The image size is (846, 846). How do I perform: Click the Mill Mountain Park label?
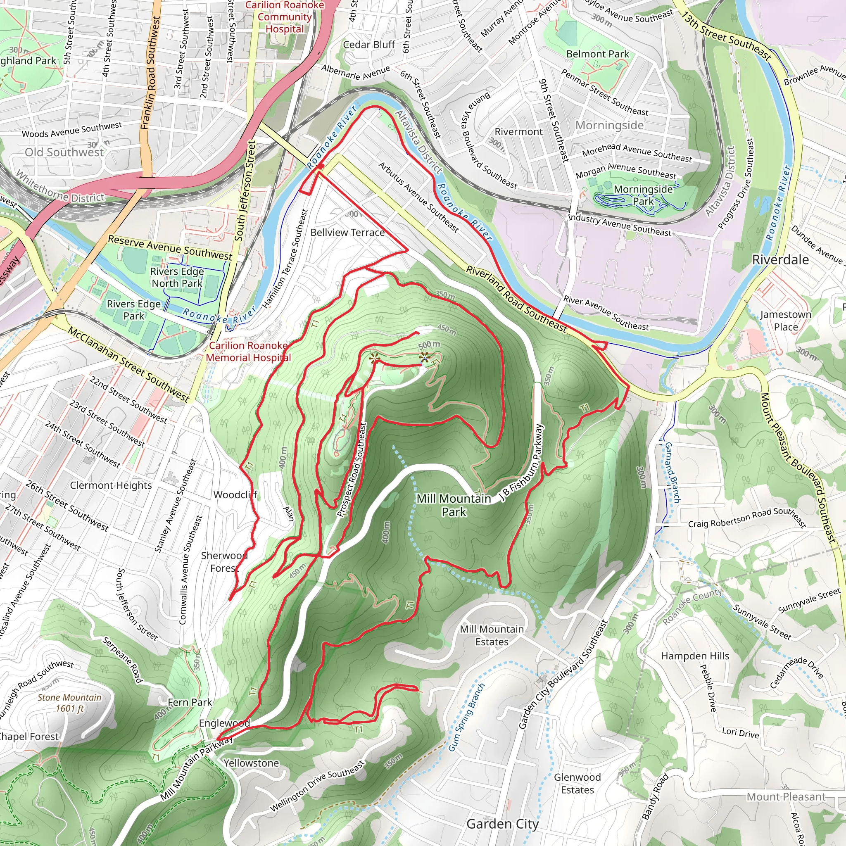(x=453, y=505)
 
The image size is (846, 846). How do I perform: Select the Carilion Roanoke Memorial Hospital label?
(x=248, y=352)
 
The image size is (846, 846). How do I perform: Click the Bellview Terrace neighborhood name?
(x=347, y=233)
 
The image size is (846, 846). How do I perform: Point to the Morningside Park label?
(x=643, y=195)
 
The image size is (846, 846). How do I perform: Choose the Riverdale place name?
(x=780, y=260)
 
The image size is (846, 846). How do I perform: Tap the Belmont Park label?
(x=597, y=54)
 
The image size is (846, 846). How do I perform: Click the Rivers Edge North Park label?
(x=177, y=277)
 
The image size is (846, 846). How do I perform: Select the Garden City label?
(x=502, y=824)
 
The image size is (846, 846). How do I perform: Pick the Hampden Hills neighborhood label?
(x=695, y=656)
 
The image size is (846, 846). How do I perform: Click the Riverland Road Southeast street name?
(x=516, y=299)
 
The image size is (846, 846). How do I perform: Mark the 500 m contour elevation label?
(x=429, y=345)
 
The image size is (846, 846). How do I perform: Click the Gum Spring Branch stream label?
(x=467, y=717)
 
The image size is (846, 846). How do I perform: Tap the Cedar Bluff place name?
(x=369, y=45)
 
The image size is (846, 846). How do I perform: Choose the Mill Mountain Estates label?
(x=492, y=635)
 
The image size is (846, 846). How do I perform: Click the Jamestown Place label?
(x=786, y=321)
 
